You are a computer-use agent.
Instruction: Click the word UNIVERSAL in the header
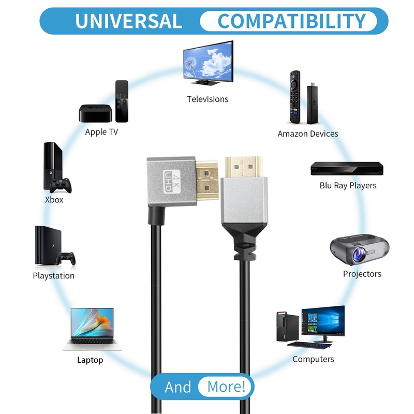click(x=128, y=21)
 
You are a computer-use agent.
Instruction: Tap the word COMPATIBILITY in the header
click(x=292, y=21)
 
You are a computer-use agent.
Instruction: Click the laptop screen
click(x=92, y=323)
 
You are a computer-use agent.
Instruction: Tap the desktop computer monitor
click(x=323, y=321)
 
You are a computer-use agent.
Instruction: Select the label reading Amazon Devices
click(x=308, y=134)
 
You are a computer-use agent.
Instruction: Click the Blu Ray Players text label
click(x=348, y=185)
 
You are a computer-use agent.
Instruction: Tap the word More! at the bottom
click(x=226, y=387)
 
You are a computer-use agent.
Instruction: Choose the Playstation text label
click(x=53, y=276)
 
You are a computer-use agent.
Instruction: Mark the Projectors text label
click(x=362, y=274)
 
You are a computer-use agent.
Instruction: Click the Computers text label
click(x=313, y=359)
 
